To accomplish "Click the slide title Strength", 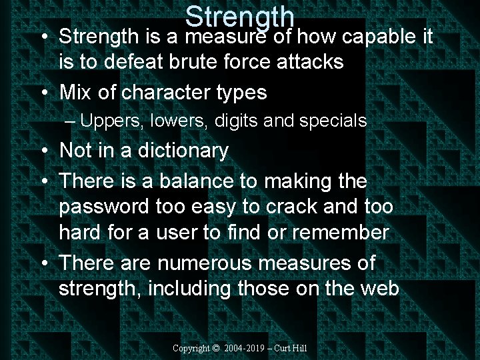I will pyautogui.click(x=240, y=17).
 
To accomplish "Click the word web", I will pyautogui.click(x=381, y=289).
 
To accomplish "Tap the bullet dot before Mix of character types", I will pyautogui.click(x=43, y=93).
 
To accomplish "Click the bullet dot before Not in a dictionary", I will pyautogui.click(x=43, y=151).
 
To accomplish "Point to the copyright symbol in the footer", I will pyautogui.click(x=215, y=348).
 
